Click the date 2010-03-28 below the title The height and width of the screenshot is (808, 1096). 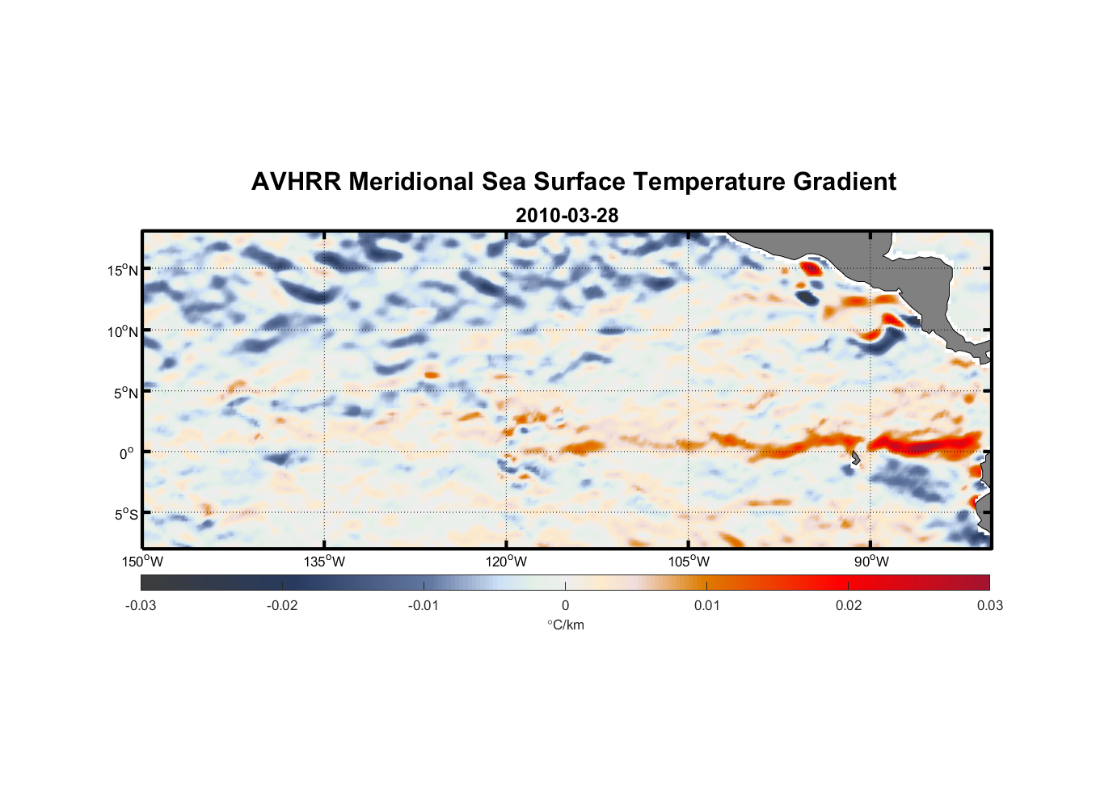[x=567, y=216]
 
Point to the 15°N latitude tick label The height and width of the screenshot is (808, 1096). [x=123, y=270]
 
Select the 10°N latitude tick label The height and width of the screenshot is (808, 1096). [x=123, y=331]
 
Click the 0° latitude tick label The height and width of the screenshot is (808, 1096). [x=127, y=453]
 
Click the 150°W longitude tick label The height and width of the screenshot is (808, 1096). [x=142, y=562]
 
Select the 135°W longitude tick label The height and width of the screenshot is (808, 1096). [x=324, y=562]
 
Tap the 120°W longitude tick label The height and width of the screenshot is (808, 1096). [x=506, y=562]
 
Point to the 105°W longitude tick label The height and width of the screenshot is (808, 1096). [x=689, y=562]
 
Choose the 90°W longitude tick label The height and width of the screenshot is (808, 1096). [x=871, y=562]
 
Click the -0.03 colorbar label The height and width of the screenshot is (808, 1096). [x=141, y=605]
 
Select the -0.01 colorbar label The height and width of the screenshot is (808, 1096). [x=424, y=605]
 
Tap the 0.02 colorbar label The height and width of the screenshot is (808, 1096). [x=849, y=605]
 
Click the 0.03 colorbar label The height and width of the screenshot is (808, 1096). [x=989, y=605]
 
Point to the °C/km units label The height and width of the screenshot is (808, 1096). [x=566, y=625]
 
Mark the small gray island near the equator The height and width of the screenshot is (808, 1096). [x=855, y=458]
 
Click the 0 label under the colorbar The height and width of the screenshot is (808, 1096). [x=565, y=605]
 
